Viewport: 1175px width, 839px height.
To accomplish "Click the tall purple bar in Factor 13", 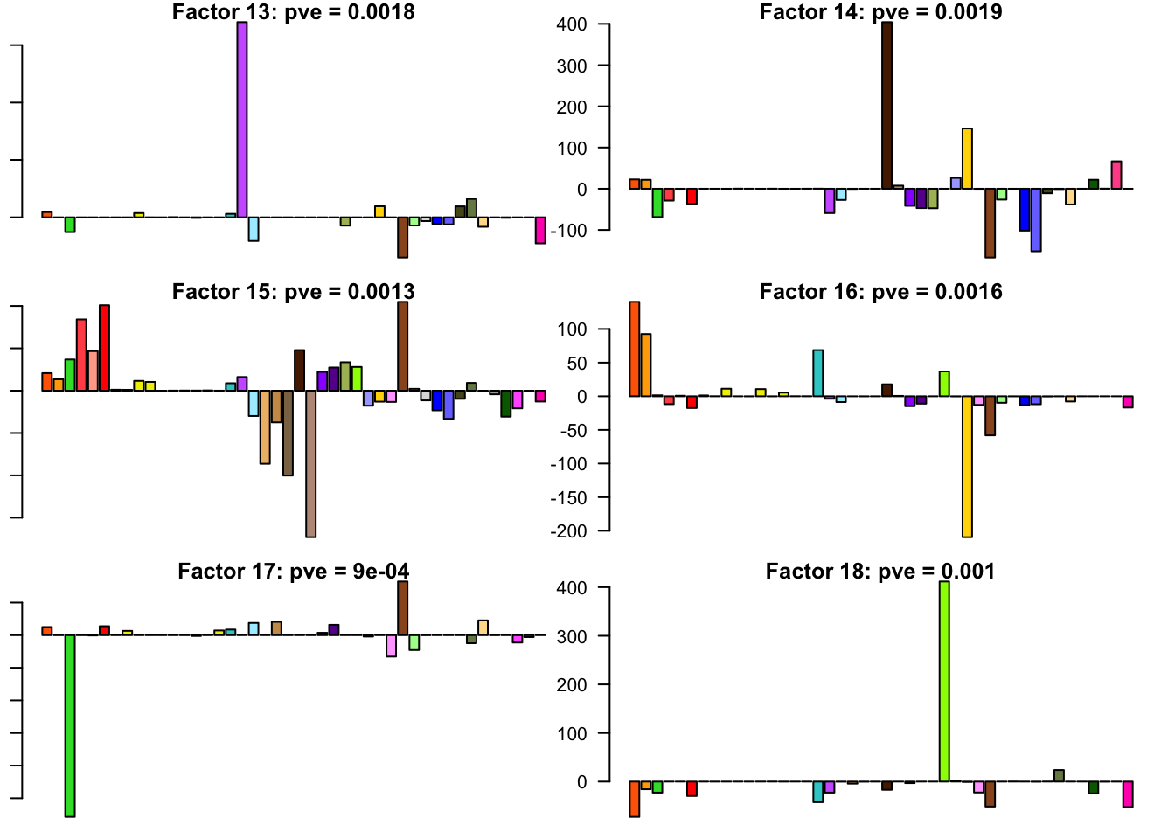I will coord(242,120).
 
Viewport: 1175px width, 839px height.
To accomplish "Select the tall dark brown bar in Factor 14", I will coord(886,106).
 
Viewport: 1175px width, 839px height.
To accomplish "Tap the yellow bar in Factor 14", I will coord(967,159).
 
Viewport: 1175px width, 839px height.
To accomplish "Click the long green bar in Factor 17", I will coord(70,725).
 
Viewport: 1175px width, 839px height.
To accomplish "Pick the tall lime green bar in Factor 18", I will coord(944,682).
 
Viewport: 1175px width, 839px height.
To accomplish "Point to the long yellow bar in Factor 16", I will coord(967,467).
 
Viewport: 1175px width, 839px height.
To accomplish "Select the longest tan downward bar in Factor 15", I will coord(310,463).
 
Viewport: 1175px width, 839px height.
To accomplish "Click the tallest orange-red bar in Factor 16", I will coord(635,349).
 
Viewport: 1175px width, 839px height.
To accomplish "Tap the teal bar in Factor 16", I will coord(818,373).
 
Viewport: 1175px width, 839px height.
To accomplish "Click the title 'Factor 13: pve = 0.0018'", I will coord(294,12).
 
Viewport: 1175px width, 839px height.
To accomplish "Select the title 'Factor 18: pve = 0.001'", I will coord(880,572).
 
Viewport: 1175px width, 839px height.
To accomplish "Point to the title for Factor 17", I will coord(294,572).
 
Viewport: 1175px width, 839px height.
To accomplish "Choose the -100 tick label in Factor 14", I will coord(567,230).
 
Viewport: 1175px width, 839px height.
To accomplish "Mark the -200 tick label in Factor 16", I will coord(567,530).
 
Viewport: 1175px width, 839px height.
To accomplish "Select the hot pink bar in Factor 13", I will coord(540,230).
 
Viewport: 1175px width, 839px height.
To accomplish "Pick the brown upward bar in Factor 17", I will coord(403,608).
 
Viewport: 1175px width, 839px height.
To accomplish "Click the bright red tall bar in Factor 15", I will coord(104,348).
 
